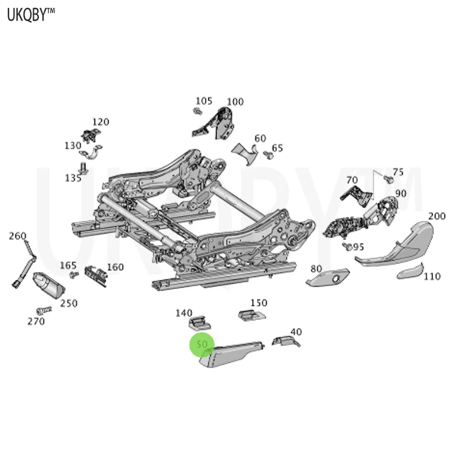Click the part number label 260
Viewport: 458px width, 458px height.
coord(18,235)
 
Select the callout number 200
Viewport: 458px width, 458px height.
coord(437,216)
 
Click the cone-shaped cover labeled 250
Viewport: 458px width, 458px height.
coord(48,285)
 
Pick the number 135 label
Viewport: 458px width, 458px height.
coord(73,178)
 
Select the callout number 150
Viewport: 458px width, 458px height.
coord(259,302)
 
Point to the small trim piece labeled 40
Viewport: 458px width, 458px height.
coord(285,342)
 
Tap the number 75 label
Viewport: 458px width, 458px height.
coord(398,172)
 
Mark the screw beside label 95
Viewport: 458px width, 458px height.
coord(345,246)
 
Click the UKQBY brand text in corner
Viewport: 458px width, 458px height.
coord(31,15)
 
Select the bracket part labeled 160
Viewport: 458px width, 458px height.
coord(96,274)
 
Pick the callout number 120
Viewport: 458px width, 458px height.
coord(100,122)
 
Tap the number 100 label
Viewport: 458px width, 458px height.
coord(235,102)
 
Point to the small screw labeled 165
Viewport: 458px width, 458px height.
coord(73,275)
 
